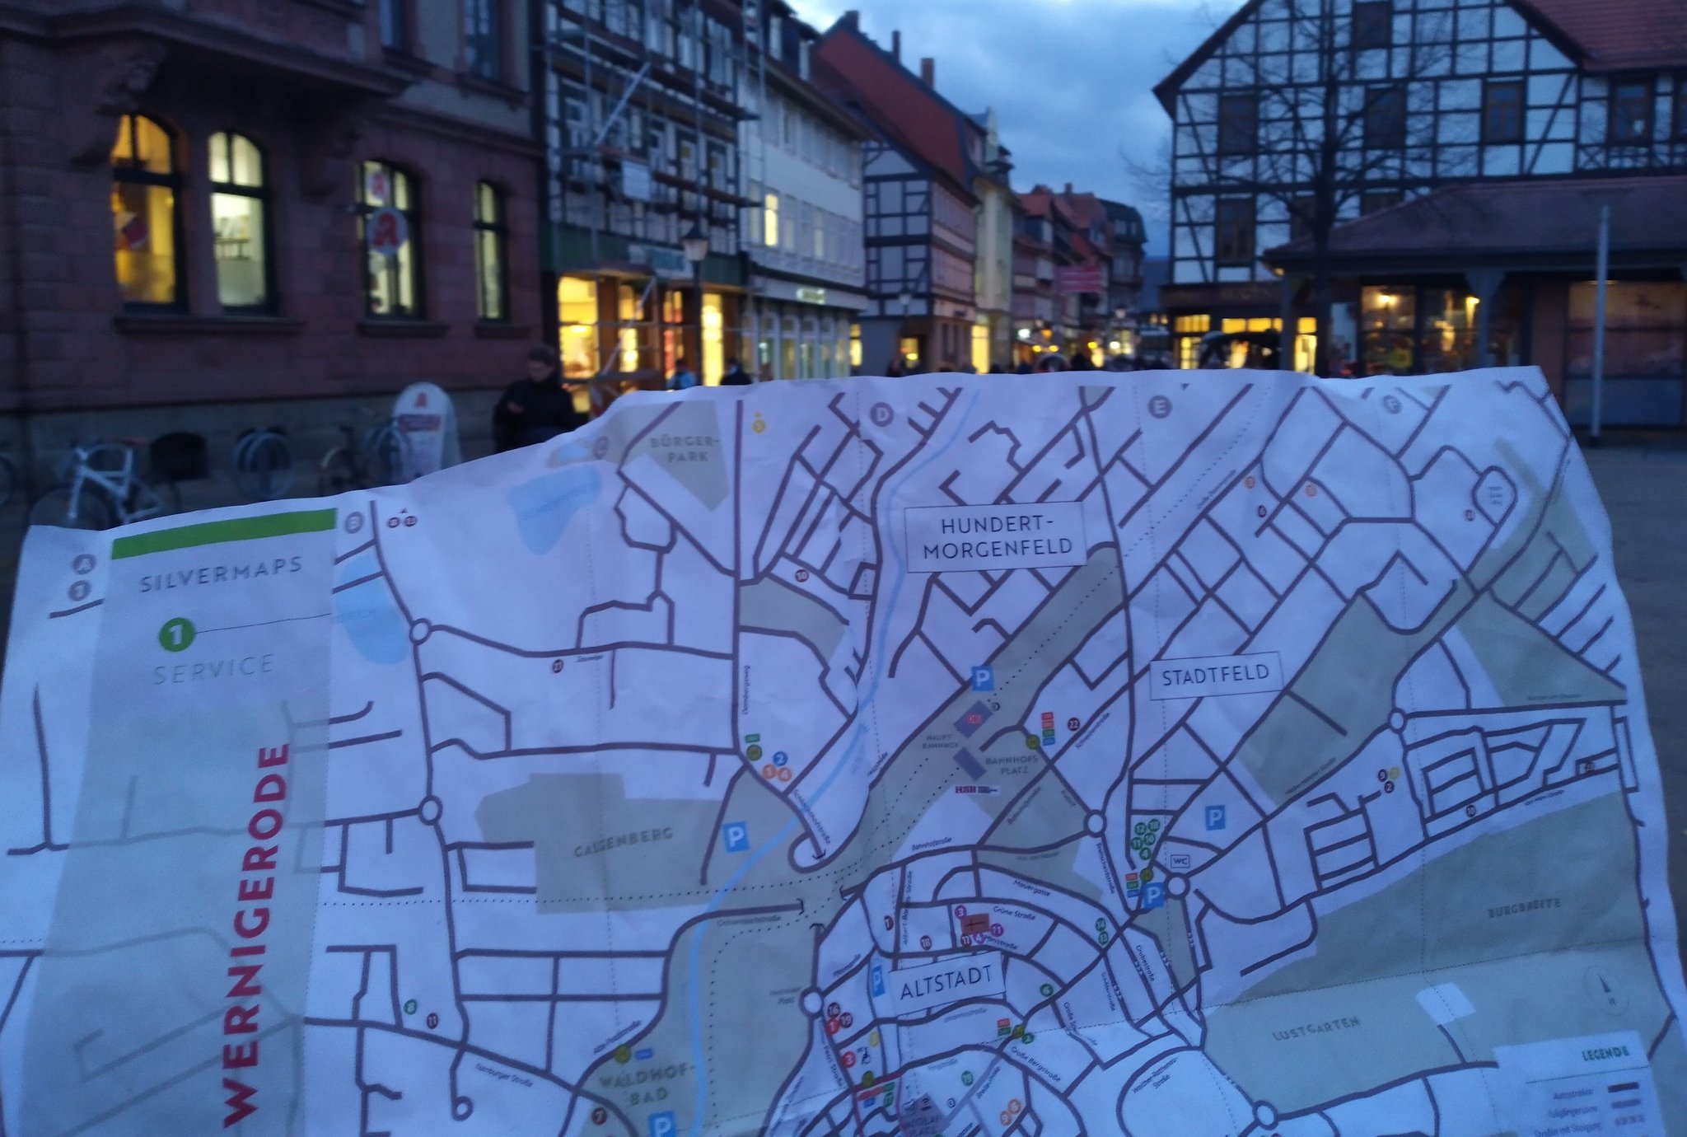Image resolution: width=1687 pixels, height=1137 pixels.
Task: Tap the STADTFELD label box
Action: (1215, 676)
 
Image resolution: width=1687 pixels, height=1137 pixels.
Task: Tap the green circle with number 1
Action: (176, 635)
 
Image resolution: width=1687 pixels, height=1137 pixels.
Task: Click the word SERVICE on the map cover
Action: (213, 669)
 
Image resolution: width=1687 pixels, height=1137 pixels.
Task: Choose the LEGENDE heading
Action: (1604, 1054)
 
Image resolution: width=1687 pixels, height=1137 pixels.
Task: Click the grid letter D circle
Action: (881, 414)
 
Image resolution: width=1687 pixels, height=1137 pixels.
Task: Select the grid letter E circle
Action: (1159, 406)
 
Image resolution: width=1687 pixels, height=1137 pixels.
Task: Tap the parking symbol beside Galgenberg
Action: (735, 837)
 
